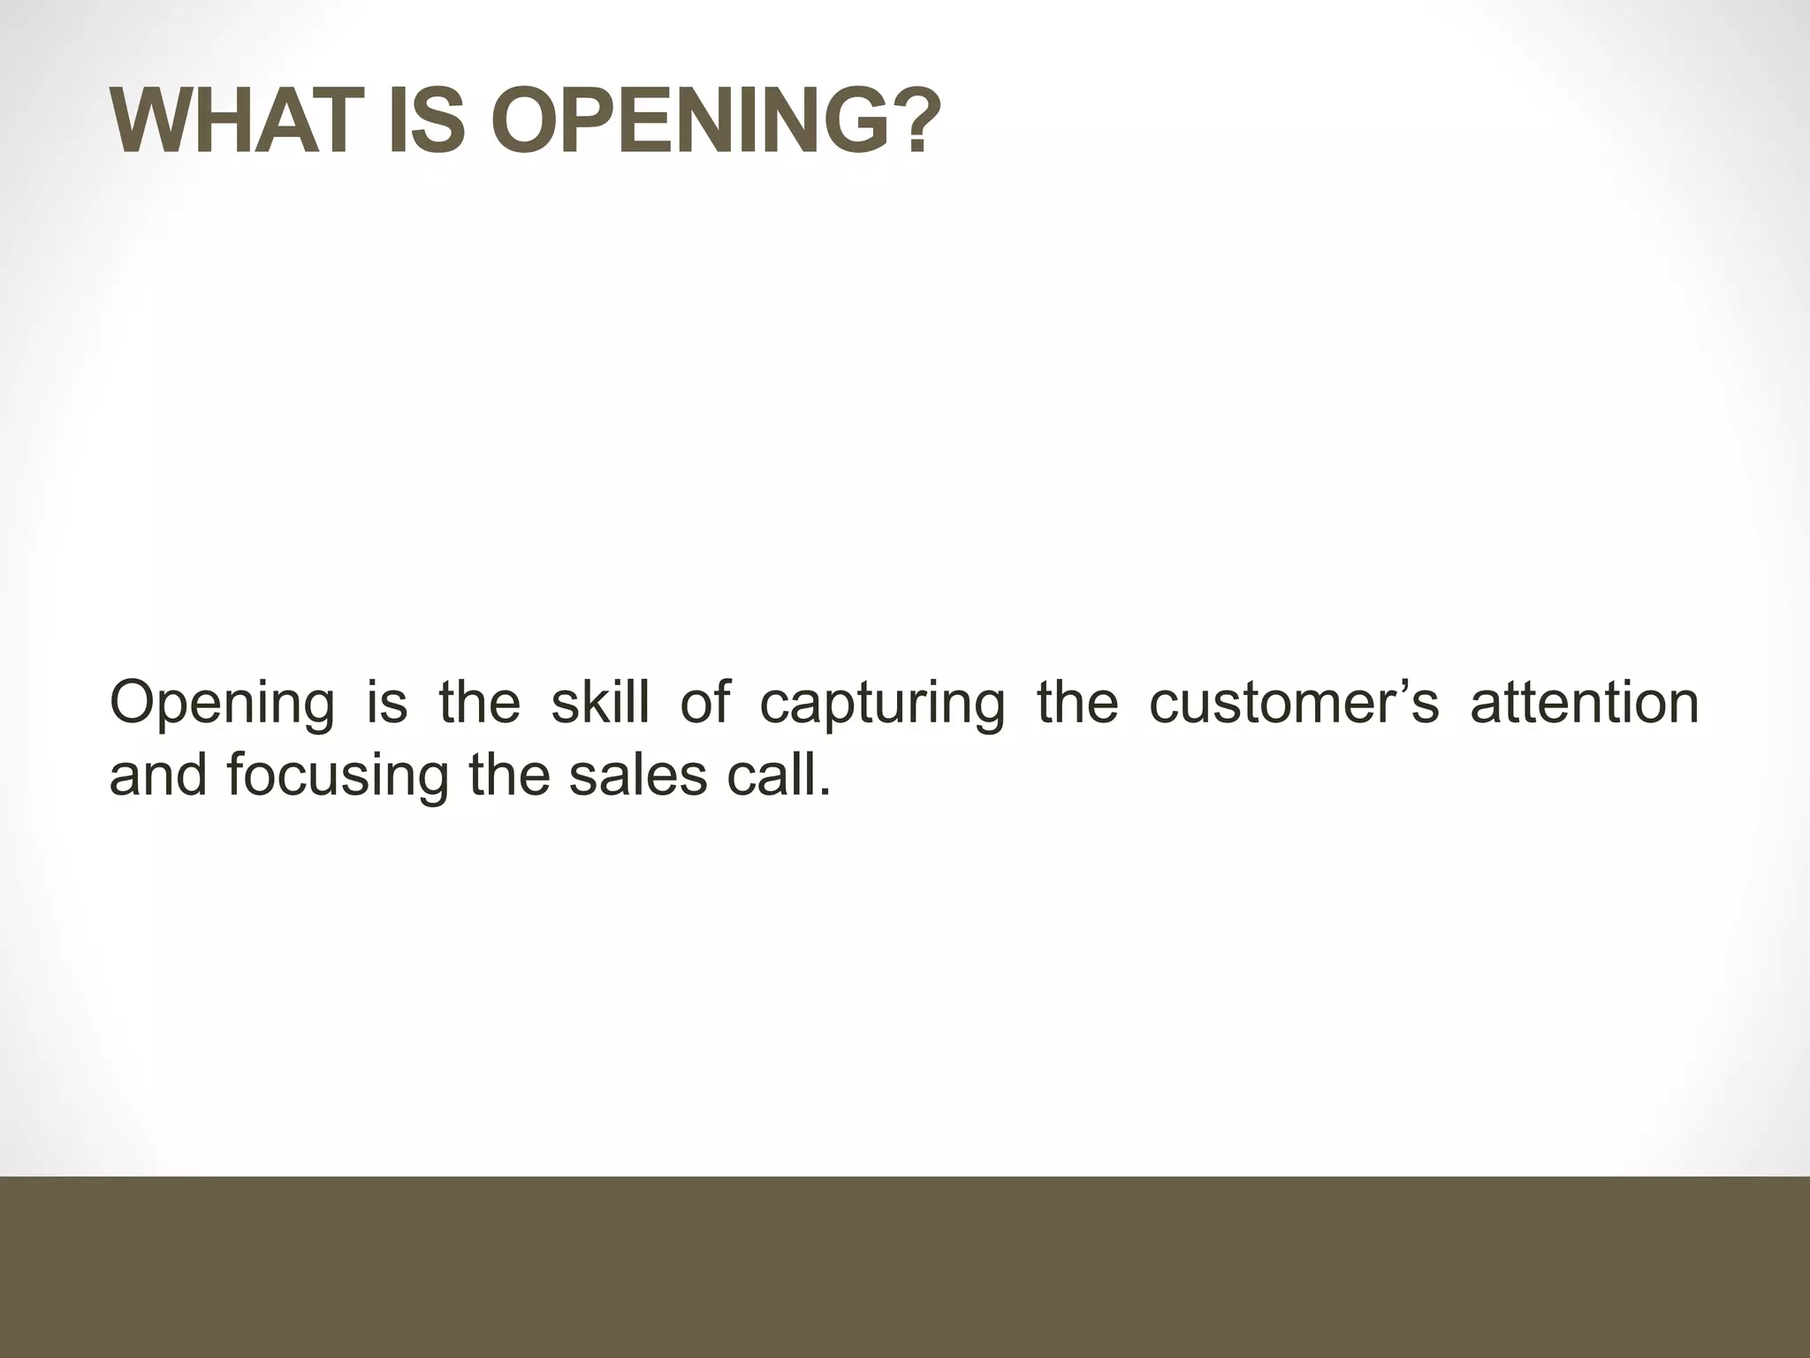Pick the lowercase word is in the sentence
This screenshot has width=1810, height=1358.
387,703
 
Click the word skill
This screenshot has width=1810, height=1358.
600,703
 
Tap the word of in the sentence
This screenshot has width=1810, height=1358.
705,703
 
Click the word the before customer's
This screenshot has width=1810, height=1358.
1077,703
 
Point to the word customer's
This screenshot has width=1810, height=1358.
1294,703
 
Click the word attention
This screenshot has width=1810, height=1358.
1585,703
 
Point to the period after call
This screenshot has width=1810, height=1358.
825,791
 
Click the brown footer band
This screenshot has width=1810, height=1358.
905,1266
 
